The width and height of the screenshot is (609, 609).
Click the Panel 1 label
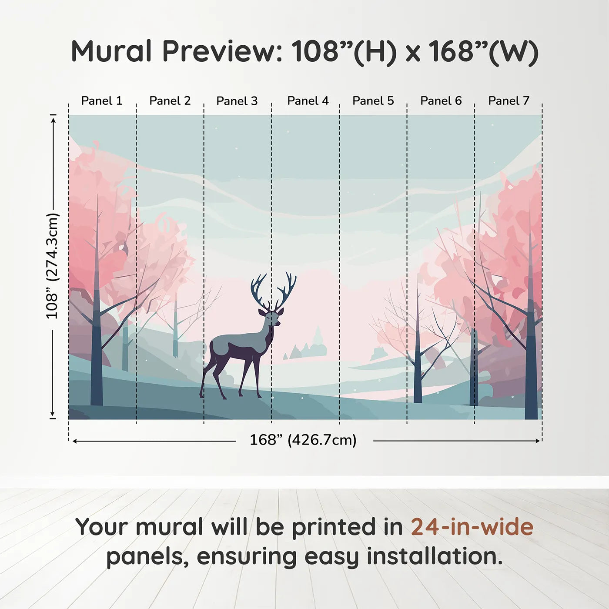[101, 100]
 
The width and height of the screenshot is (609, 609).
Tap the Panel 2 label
[170, 100]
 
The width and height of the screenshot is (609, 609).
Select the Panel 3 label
[237, 101]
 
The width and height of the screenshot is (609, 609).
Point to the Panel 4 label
[308, 100]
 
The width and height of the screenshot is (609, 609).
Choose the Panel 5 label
[373, 100]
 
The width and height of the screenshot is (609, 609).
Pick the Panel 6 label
[441, 100]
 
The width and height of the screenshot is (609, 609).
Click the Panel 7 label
[509, 100]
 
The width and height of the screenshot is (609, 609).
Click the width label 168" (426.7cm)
[303, 440]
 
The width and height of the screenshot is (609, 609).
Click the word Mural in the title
[111, 51]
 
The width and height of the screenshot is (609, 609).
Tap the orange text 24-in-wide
[472, 527]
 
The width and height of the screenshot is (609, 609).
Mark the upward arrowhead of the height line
[54, 120]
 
